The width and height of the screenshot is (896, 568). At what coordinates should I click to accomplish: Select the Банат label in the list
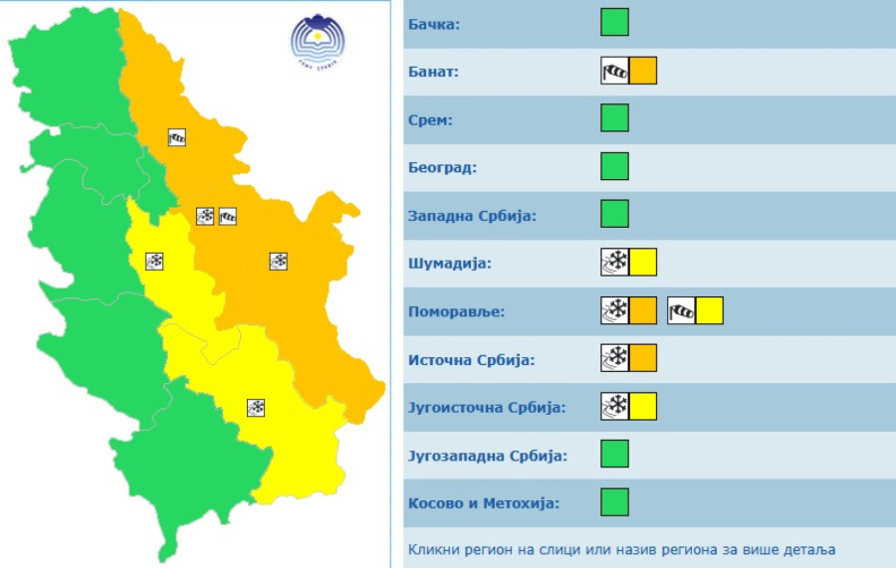(433, 72)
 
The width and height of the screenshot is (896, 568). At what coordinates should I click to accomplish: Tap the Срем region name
(430, 119)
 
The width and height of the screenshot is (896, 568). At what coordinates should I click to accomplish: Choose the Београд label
(442, 167)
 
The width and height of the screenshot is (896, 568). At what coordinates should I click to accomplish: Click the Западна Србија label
(472, 215)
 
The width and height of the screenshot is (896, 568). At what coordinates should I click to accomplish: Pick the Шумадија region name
(450, 264)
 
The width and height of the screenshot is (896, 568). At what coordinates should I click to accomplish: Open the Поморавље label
(456, 311)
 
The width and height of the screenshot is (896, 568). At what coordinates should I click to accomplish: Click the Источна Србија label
(471, 359)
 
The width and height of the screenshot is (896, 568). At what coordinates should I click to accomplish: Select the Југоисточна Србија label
(487, 408)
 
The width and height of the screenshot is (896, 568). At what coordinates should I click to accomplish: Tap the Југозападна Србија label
(488, 456)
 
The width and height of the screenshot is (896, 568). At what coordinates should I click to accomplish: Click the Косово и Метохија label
(484, 503)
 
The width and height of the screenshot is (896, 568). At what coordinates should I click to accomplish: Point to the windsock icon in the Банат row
(615, 71)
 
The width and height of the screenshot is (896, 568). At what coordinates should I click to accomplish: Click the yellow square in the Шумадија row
(643, 263)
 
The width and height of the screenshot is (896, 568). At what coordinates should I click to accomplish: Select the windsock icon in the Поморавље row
(681, 311)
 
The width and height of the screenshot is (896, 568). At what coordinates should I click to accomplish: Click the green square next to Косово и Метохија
(614, 502)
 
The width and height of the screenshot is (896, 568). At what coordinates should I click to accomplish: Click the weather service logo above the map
(315, 41)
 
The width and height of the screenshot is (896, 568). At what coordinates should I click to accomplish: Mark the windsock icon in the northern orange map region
(177, 138)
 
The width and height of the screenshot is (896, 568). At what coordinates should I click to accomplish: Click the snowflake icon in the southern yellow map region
(256, 407)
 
